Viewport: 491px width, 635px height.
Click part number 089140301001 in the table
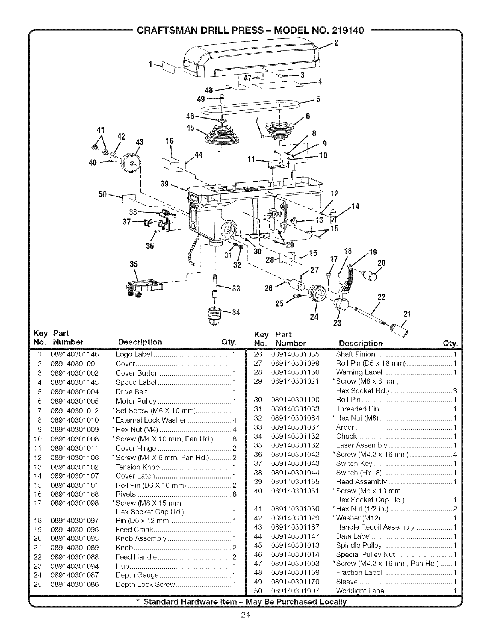75,364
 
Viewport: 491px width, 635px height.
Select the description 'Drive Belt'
131,392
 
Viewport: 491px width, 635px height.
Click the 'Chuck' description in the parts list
346,436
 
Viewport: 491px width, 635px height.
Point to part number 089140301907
295,591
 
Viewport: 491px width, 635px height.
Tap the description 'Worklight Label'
361,591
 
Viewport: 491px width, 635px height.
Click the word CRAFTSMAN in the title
165,31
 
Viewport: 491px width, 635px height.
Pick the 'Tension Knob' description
138,467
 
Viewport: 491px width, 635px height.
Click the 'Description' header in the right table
361,343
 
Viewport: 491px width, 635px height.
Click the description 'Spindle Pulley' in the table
359,545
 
